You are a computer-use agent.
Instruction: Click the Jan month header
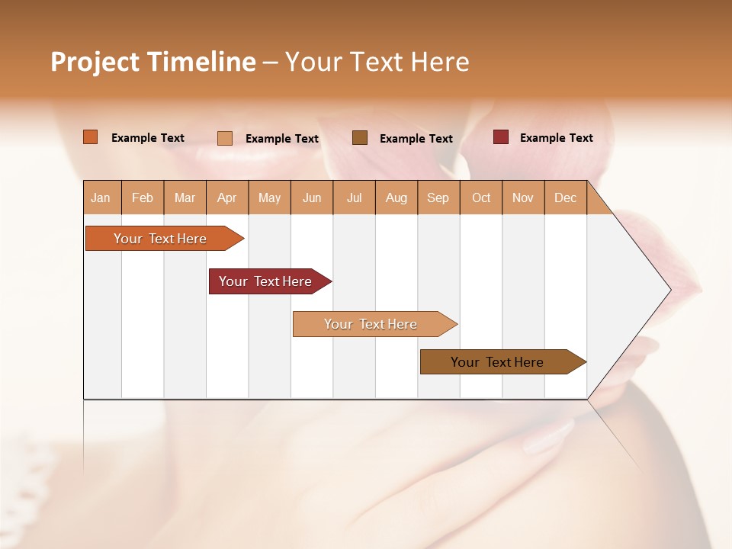[x=101, y=197]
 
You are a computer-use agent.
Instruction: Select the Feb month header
[x=143, y=197]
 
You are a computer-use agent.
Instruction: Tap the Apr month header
[x=227, y=197]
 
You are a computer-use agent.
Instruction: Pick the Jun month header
[x=312, y=197]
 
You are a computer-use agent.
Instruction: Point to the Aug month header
[x=396, y=197]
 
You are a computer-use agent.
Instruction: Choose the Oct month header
[x=481, y=197]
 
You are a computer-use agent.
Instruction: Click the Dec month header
[x=566, y=197]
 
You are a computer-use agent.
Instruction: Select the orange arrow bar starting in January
[x=160, y=239]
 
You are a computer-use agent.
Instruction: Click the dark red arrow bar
[x=265, y=281]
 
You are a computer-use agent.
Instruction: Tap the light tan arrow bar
[x=371, y=324]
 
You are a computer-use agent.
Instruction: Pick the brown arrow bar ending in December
[x=497, y=362]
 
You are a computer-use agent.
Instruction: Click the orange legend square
[x=90, y=137]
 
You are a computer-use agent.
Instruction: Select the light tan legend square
[x=225, y=138]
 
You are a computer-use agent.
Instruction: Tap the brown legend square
[x=360, y=137]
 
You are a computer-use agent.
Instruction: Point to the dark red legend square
[x=500, y=137]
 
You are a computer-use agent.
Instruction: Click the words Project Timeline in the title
[x=152, y=62]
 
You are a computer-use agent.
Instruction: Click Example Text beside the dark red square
[x=556, y=138]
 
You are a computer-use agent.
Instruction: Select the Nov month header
[x=523, y=197]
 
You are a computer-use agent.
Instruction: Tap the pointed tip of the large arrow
[x=669, y=290]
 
